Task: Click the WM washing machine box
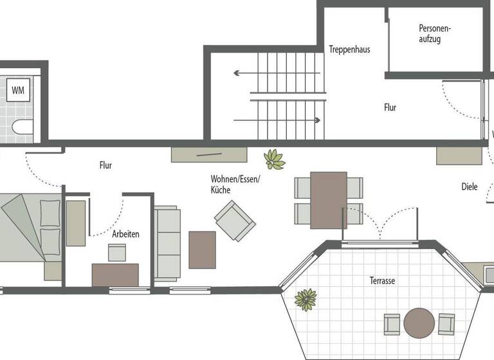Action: pyautogui.click(x=18, y=91)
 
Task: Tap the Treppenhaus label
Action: pyautogui.click(x=349, y=50)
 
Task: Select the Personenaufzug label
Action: pyautogui.click(x=435, y=33)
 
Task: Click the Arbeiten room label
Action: pyautogui.click(x=125, y=234)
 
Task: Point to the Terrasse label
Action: pyautogui.click(x=382, y=281)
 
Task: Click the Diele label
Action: pyautogui.click(x=470, y=187)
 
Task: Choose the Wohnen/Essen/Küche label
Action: pyautogui.click(x=235, y=184)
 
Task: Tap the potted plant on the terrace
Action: pyautogui.click(x=306, y=299)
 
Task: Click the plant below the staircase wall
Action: pyautogui.click(x=275, y=159)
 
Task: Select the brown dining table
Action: pyautogui.click(x=329, y=200)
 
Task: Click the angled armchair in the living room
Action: pyautogui.click(x=235, y=220)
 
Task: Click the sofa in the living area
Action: pyautogui.click(x=168, y=244)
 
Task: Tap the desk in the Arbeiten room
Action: pyautogui.click(x=115, y=274)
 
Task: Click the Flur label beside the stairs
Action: pyautogui.click(x=390, y=107)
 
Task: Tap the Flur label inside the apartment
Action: pyautogui.click(x=105, y=165)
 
